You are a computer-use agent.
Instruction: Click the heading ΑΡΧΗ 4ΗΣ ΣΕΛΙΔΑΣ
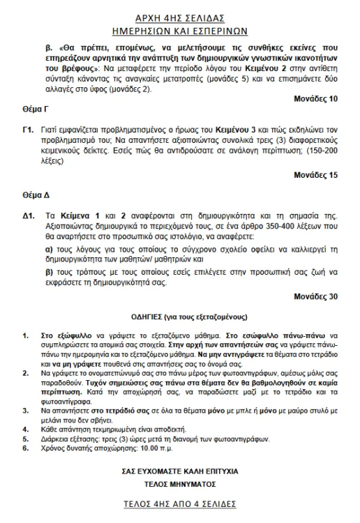click(181, 15)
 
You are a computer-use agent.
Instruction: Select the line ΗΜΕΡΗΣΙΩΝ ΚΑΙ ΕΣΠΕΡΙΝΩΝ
click(181, 29)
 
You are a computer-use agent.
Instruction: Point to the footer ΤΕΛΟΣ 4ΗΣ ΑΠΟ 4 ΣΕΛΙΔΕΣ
click(181, 504)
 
